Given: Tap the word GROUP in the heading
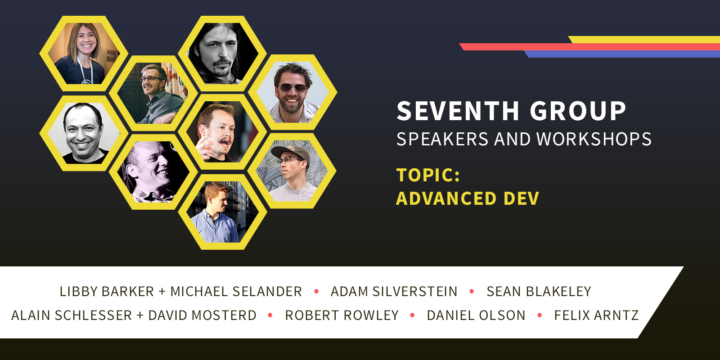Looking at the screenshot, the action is [578, 111].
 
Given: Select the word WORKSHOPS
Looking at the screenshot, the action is [594, 139].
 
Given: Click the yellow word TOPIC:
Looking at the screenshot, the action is [428, 175].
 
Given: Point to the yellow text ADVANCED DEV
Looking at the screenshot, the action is [468, 198].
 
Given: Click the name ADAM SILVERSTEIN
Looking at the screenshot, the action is [394, 292].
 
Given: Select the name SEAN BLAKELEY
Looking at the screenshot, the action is [539, 292].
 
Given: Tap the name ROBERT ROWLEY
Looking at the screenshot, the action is [342, 315].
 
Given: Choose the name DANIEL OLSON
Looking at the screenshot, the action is [476, 315].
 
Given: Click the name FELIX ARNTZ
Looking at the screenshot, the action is [596, 315].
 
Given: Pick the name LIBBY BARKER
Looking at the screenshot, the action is [107, 292].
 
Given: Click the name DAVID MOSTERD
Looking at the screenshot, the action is [202, 315].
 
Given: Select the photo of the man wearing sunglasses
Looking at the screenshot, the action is [292, 92].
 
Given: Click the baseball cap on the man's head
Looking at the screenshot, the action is [290, 153].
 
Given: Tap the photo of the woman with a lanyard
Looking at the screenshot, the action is [84, 54].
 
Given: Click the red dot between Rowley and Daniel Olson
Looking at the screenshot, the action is [412, 315].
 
